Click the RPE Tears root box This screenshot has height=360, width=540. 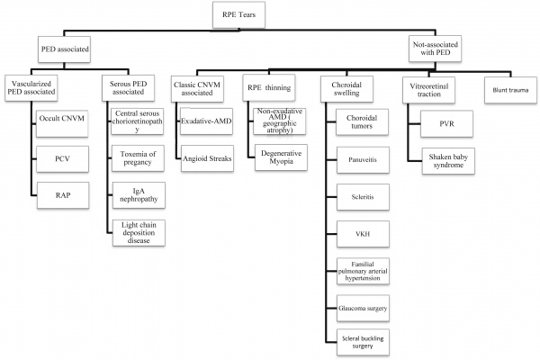pyautogui.click(x=238, y=14)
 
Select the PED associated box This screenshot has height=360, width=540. pyautogui.click(x=65, y=49)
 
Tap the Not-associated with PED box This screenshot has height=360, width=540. pyautogui.click(x=436, y=49)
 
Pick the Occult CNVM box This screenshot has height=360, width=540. pyautogui.click(x=62, y=123)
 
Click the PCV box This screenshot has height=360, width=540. pyautogui.click(x=62, y=159)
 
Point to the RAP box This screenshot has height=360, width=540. pyautogui.click(x=63, y=195)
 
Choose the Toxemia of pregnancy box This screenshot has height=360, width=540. pyautogui.click(x=138, y=158)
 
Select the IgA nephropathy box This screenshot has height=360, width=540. pyautogui.click(x=139, y=195)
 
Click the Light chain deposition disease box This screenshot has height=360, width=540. pyautogui.click(x=139, y=233)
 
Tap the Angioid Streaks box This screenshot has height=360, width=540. pyautogui.click(x=207, y=158)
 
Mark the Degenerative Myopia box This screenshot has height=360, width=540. pyautogui.click(x=281, y=157)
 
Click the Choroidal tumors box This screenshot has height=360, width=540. pyautogui.click(x=363, y=122)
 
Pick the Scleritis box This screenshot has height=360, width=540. pyautogui.click(x=363, y=197)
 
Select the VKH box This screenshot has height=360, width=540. pyautogui.click(x=363, y=234)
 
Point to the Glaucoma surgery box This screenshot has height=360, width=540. pyautogui.click(x=363, y=309)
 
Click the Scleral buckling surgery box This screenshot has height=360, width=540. pyautogui.click(x=363, y=342)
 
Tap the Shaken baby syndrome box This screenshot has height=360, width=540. pyautogui.click(x=448, y=161)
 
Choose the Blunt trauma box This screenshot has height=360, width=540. pyautogui.click(x=510, y=90)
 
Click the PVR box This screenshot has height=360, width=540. pyautogui.click(x=446, y=123)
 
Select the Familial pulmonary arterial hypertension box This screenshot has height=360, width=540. pyautogui.click(x=363, y=271)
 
